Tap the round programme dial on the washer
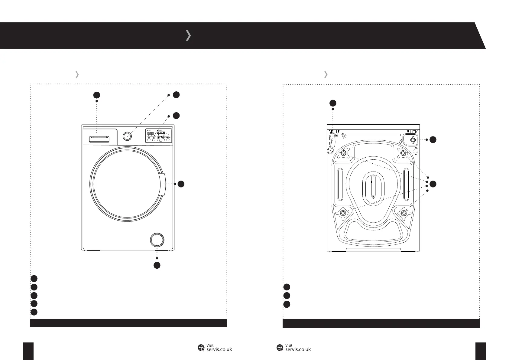tap(128, 136)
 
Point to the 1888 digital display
tap(151, 133)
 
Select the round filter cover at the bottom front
tap(157, 240)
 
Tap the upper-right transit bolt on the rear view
tap(403, 154)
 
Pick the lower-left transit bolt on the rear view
tap(343, 214)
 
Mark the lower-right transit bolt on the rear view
tap(404, 214)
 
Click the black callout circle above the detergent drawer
tap(96, 95)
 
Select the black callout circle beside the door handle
tap(181, 184)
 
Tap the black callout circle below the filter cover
tap(157, 265)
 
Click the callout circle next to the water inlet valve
tap(433, 139)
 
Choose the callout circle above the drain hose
tap(333, 103)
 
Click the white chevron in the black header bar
tap(188, 35)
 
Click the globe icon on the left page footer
tap(201, 348)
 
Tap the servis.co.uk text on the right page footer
tap(298, 349)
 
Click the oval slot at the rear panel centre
tap(373, 187)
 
